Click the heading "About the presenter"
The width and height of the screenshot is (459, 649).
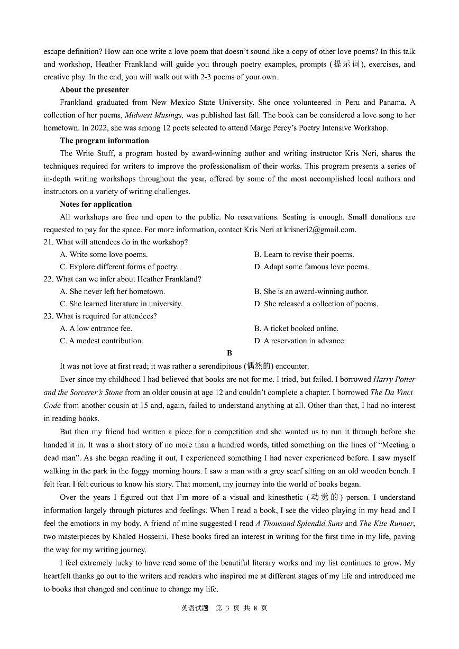tap(94, 90)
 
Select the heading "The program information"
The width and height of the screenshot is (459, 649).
tap(104, 141)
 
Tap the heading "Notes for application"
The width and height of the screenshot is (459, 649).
tap(96, 204)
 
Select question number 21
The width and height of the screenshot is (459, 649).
tap(48, 242)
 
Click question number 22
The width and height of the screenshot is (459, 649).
tap(48, 279)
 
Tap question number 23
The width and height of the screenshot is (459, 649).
tap(48, 316)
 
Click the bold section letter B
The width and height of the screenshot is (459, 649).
tap(229, 353)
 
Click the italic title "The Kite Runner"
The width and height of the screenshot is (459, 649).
tap(386, 524)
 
